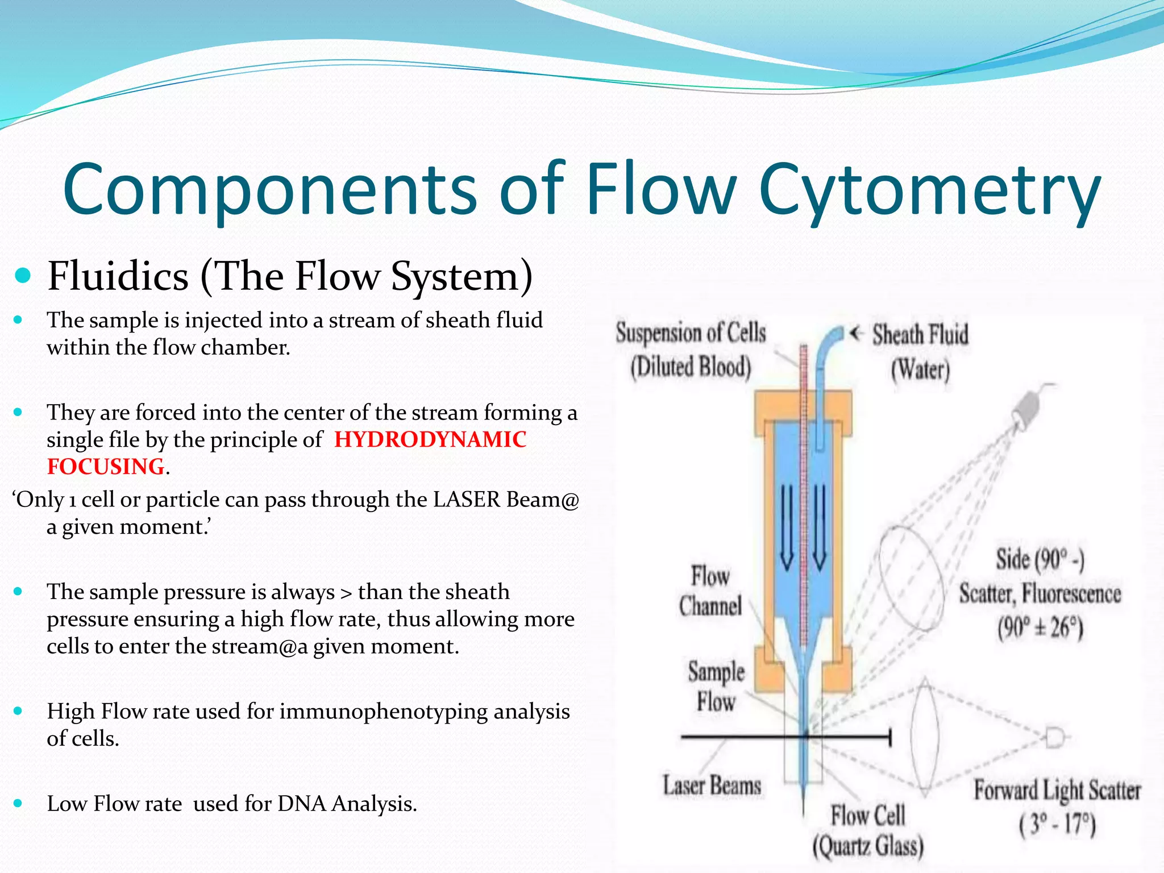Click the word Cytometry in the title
point(929,190)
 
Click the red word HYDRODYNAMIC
point(430,439)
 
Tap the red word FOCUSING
point(106,467)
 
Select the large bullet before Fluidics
point(23,276)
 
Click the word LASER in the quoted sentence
point(467,500)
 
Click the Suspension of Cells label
point(691,334)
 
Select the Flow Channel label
point(710,591)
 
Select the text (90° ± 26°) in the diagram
point(1040,629)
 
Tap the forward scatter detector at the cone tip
point(1055,738)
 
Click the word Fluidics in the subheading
point(118,276)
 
